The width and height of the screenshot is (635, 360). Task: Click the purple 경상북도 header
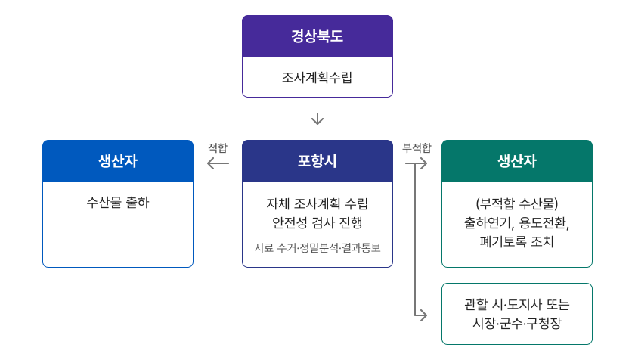(317, 36)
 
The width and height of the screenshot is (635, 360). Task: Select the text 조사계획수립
(317, 77)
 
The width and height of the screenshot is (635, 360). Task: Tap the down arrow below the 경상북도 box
(317, 119)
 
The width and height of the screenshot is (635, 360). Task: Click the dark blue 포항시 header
(317, 161)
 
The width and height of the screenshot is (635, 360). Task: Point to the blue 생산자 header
(118, 161)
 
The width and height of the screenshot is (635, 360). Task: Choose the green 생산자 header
(517, 161)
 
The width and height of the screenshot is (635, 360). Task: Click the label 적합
(217, 147)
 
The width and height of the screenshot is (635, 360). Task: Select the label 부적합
(417, 147)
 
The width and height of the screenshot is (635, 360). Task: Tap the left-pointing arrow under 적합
(218, 163)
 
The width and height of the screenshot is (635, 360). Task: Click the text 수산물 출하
(118, 203)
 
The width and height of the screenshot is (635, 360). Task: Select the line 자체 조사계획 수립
(317, 203)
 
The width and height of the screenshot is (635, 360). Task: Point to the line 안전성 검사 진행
(317, 222)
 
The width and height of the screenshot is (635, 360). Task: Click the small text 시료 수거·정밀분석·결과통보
(317, 247)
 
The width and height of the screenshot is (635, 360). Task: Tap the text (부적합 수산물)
(517, 203)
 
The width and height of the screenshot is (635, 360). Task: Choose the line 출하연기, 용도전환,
(517, 223)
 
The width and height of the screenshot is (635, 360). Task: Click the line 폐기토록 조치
(517, 242)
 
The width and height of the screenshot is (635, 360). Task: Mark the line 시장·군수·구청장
(517, 323)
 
